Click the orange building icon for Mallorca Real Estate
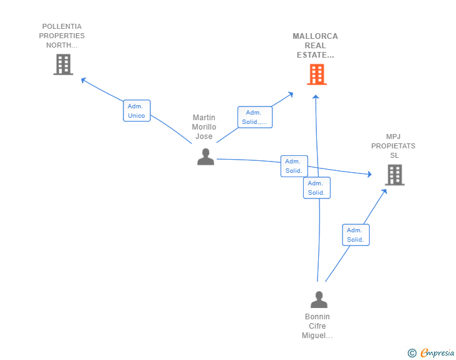click(x=317, y=75)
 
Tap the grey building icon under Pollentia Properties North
click(x=63, y=64)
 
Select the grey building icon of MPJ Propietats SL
click(x=395, y=175)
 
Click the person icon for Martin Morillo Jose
click(x=205, y=157)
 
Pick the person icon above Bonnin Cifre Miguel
click(x=319, y=299)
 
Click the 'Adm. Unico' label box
click(x=137, y=110)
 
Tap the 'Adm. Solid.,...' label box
click(x=255, y=117)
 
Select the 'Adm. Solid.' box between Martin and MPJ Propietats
click(x=294, y=166)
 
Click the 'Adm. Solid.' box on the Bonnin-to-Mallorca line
click(x=317, y=188)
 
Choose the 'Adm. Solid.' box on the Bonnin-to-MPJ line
click(x=356, y=235)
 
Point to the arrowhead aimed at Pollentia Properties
click(x=83, y=80)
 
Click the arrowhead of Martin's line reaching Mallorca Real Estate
click(x=291, y=94)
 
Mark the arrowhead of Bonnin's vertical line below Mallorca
click(x=316, y=97)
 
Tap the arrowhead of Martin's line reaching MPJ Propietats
click(x=370, y=174)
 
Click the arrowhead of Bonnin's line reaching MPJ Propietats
click(x=385, y=192)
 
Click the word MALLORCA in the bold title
click(x=315, y=36)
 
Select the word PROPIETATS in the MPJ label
click(x=393, y=146)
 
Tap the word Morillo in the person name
click(x=204, y=127)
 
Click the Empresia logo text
click(x=437, y=352)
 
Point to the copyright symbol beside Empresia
click(x=412, y=353)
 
